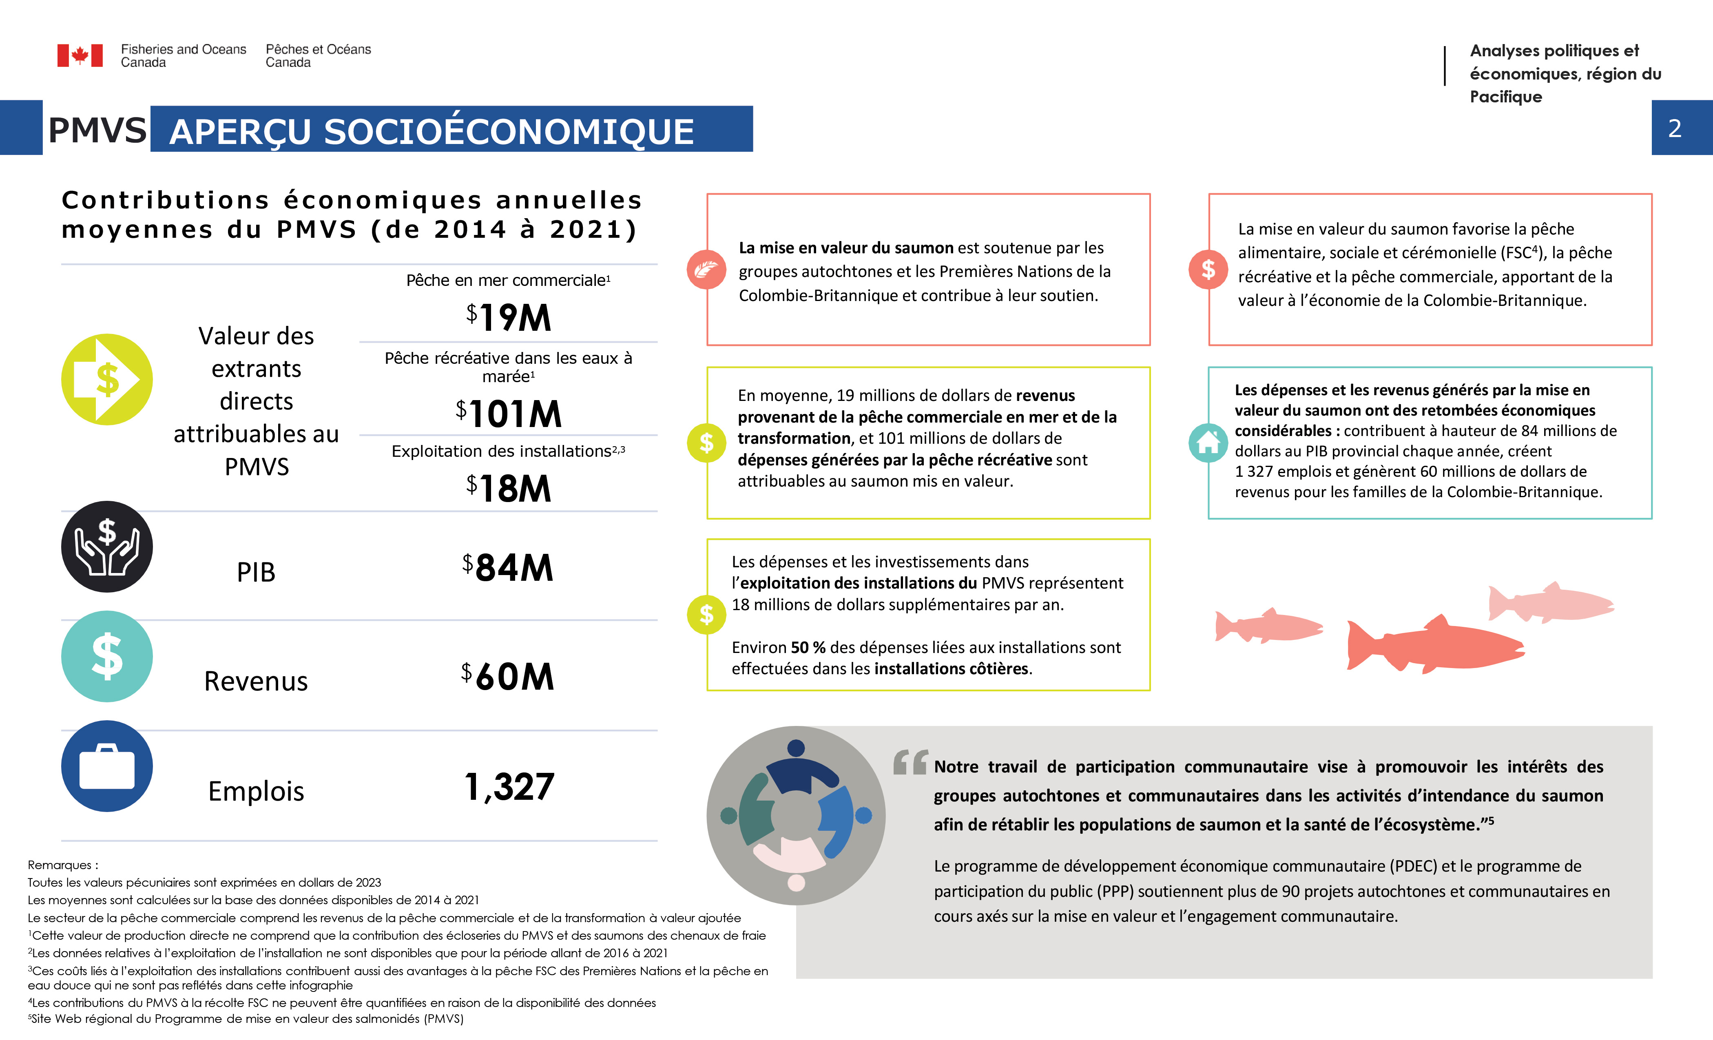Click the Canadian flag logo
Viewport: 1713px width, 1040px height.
click(80, 55)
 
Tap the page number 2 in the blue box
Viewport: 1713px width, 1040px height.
click(1674, 128)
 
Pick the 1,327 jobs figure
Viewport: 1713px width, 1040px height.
click(509, 787)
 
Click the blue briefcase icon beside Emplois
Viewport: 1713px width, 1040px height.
click(107, 766)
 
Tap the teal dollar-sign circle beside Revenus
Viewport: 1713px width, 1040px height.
click(107, 656)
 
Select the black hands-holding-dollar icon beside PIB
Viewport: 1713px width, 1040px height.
click(107, 547)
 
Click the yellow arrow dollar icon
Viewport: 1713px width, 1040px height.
click(107, 380)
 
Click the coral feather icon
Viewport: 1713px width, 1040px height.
click(706, 270)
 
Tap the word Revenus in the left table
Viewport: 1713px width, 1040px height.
click(256, 681)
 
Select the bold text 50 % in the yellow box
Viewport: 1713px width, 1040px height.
click(808, 647)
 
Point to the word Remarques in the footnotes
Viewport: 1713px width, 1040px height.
click(60, 865)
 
